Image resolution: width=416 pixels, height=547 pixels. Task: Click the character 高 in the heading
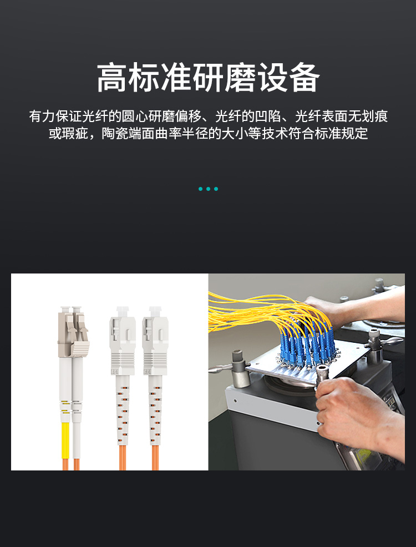click(x=112, y=78)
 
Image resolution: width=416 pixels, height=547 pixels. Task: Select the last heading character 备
click(x=305, y=78)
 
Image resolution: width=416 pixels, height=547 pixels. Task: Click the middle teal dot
click(x=208, y=189)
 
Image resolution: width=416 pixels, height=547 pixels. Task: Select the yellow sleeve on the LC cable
click(x=65, y=440)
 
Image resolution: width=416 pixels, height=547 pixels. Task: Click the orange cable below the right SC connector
click(x=155, y=458)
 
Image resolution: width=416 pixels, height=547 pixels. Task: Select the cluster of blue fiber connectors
click(x=307, y=346)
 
